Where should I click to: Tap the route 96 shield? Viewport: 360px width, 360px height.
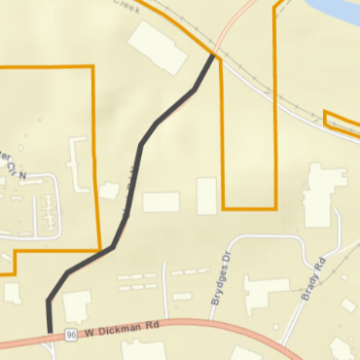72,335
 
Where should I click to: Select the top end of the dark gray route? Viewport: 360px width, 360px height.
214,55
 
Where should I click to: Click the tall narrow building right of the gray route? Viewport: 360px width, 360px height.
206,196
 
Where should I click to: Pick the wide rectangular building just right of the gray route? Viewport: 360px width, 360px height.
161,202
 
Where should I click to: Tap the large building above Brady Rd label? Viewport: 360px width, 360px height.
318,195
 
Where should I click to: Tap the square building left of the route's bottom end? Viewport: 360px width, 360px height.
12,292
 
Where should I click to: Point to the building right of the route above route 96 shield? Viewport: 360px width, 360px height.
77,306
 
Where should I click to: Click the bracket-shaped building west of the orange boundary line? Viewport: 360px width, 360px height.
78,161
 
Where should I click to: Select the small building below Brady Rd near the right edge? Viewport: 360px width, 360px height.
347,306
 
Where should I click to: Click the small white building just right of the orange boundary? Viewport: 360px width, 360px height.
109,190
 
